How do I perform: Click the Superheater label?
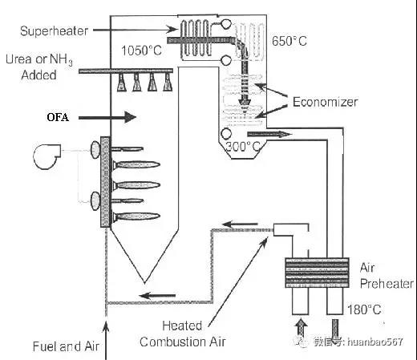pyautogui.click(x=54, y=31)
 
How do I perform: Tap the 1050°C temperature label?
pyautogui.click(x=141, y=51)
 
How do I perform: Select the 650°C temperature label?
pyautogui.click(x=289, y=41)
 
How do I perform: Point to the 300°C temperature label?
pyautogui.click(x=243, y=147)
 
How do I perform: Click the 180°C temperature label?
pyautogui.click(x=364, y=309)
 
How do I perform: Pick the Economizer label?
pyautogui.click(x=325, y=102)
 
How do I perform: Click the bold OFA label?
pyautogui.click(x=58, y=117)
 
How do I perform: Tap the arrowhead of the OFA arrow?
pyautogui.click(x=131, y=117)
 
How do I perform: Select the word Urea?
pyautogui.click(x=19, y=59)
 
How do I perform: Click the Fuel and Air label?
pyautogui.click(x=66, y=346)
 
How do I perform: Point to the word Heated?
pyautogui.click(x=182, y=326)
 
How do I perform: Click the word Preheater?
pyautogui.click(x=387, y=283)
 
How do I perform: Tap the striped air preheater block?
pyautogui.click(x=317, y=273)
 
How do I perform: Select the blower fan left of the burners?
pyautogui.click(x=47, y=156)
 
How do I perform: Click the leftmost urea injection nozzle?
pyautogui.click(x=122, y=83)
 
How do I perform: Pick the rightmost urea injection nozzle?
pyautogui.click(x=168, y=83)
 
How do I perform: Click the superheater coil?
pyautogui.click(x=195, y=38)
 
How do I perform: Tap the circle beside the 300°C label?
pyautogui.click(x=226, y=133)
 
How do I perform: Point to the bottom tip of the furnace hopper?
pyautogui.click(x=144, y=283)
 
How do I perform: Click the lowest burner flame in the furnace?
pyautogui.click(x=136, y=216)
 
